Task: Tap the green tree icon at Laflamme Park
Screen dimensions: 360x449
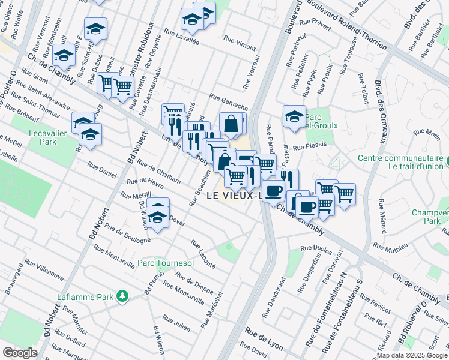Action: click(122, 296)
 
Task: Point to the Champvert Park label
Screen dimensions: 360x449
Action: click(430, 217)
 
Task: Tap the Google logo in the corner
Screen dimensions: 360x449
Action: click(20, 353)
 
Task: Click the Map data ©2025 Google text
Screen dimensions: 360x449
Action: click(412, 355)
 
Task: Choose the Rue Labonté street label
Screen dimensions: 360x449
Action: click(203, 251)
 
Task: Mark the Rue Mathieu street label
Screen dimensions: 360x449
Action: click(390, 246)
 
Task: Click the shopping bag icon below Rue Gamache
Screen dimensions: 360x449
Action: click(231, 123)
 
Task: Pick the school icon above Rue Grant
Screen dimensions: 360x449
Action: click(63, 56)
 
